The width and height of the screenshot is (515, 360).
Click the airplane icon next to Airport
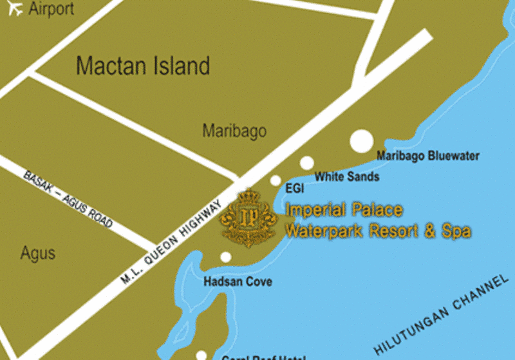(12, 9)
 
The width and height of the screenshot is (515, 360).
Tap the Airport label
(51, 9)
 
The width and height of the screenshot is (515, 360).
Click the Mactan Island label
(143, 66)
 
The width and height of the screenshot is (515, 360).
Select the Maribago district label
(234, 131)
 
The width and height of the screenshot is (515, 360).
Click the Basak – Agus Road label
(68, 199)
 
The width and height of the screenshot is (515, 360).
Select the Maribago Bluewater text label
(427, 156)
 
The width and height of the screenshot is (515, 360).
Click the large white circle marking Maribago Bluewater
(361, 141)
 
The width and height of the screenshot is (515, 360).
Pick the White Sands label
(346, 176)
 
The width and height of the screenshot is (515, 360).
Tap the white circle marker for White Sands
(307, 163)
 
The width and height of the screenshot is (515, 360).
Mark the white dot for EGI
(276, 180)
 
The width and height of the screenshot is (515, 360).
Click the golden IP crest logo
(249, 218)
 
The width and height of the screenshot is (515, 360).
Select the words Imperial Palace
(344, 210)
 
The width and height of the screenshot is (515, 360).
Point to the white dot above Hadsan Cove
(225, 258)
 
